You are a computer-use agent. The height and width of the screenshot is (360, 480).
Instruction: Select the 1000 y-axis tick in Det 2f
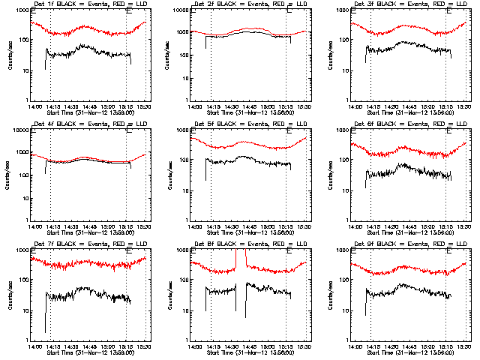click(x=182, y=11)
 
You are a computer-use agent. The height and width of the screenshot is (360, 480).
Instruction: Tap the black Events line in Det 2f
click(x=247, y=34)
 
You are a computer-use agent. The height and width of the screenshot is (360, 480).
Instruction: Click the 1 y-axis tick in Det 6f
click(x=346, y=220)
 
